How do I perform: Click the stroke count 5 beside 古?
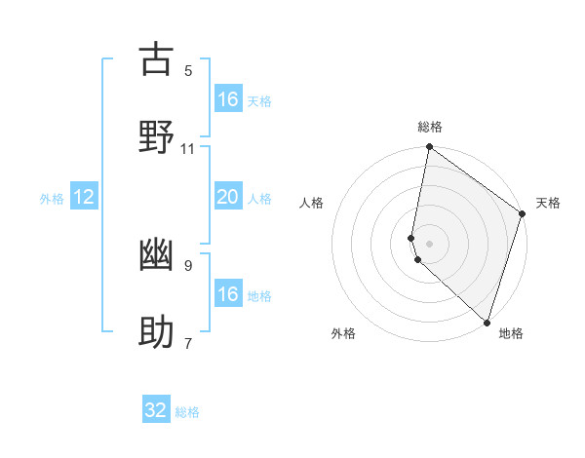tap(188, 71)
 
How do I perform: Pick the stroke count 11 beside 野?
tap(188, 149)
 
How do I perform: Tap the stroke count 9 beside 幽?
tap(188, 265)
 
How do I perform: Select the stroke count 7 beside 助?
tap(188, 343)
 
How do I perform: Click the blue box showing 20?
tap(227, 197)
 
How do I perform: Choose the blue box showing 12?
tap(84, 197)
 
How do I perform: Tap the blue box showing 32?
tap(156, 410)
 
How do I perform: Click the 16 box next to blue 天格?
tap(227, 98)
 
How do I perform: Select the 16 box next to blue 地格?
tap(227, 294)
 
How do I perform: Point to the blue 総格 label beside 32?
tap(187, 412)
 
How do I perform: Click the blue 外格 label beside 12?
tap(52, 199)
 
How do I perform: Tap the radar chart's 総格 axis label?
tap(430, 127)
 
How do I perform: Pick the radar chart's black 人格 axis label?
tap(312, 203)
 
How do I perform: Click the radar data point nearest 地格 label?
tap(487, 323)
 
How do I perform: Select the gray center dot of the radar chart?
tap(430, 243)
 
